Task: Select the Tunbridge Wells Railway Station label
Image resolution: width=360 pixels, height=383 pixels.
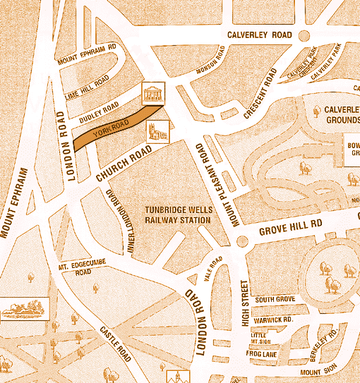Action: click(x=178, y=215)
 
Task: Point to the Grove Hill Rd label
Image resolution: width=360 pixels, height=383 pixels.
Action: click(x=290, y=226)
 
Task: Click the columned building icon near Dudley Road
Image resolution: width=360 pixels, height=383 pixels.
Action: click(x=152, y=92)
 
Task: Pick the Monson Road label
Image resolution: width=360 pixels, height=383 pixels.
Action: click(x=212, y=61)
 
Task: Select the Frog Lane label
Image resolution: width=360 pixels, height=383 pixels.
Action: click(x=263, y=353)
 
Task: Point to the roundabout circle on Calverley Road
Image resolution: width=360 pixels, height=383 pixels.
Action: click(x=304, y=36)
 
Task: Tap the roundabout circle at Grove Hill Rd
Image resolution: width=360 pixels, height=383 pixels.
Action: click(x=242, y=241)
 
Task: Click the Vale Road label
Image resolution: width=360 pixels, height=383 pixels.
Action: click(x=213, y=269)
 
